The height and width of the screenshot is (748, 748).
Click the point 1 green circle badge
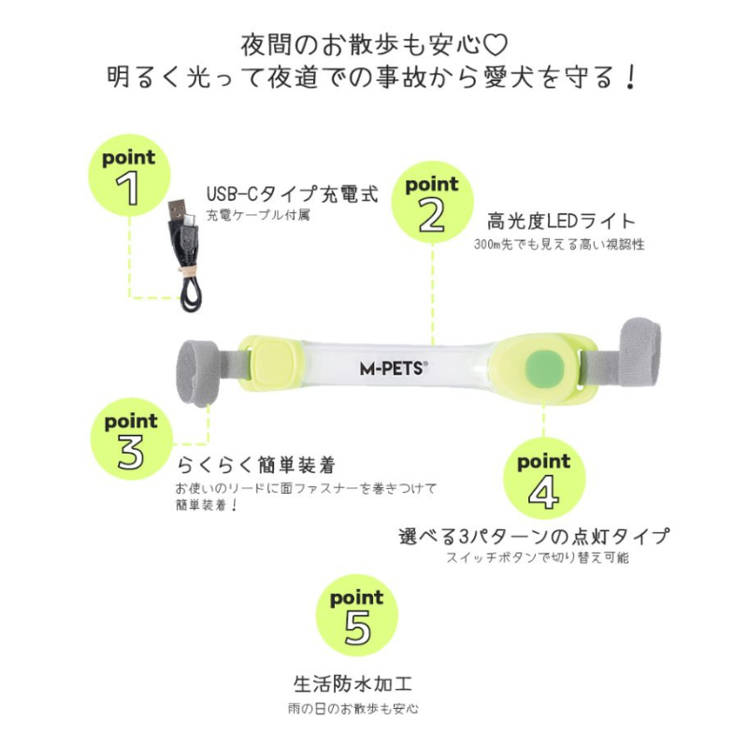(x=129, y=175)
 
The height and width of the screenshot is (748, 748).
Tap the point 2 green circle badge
(x=432, y=202)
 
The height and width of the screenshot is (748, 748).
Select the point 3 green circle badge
(x=131, y=439)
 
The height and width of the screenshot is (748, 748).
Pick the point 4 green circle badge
(x=544, y=479)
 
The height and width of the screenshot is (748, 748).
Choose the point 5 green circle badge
(x=357, y=615)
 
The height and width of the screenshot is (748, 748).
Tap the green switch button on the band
(x=545, y=368)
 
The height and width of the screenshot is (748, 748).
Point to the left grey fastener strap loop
(x=198, y=373)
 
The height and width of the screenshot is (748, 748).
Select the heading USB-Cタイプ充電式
(x=293, y=194)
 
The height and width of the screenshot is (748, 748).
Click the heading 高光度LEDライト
(x=561, y=222)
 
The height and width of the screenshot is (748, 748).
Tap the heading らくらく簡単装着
(x=256, y=465)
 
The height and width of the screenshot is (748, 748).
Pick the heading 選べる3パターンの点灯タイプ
(x=534, y=536)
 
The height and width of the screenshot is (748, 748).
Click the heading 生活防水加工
(x=353, y=683)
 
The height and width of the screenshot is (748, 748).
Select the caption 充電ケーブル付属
(x=258, y=215)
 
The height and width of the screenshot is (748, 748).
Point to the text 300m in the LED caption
(x=486, y=245)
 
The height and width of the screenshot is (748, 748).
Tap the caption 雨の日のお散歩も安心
(x=353, y=709)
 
